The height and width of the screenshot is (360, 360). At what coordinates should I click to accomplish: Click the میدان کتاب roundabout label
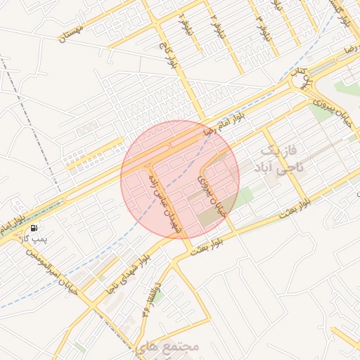(302, 77)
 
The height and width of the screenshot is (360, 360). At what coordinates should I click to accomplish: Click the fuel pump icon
(34, 228)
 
